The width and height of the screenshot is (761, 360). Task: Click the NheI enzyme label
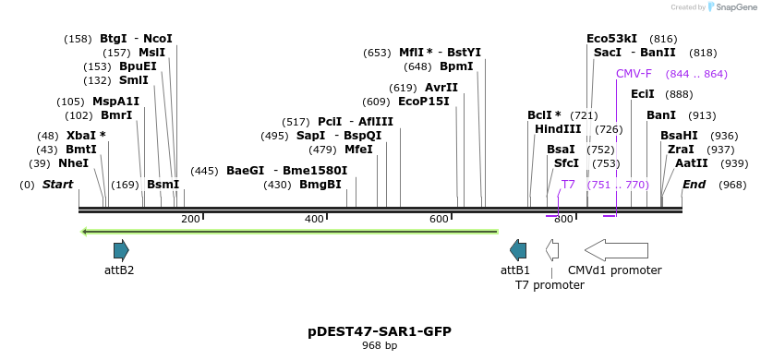(73, 163)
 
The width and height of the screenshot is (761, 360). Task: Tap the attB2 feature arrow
(121, 249)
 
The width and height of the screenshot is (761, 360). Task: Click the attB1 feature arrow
(518, 249)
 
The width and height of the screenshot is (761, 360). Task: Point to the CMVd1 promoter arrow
(616, 249)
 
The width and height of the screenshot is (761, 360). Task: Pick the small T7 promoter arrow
(552, 249)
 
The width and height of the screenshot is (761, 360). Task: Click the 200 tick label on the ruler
(190, 219)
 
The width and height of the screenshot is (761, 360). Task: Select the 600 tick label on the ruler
(439, 219)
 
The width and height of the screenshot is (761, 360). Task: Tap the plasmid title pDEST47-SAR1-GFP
(380, 331)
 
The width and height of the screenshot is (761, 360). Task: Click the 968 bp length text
(380, 346)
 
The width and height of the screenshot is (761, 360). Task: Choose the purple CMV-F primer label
(634, 74)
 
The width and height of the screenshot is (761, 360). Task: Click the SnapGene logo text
(735, 7)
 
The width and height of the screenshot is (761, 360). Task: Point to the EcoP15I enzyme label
(423, 102)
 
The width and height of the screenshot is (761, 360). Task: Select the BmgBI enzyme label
(320, 185)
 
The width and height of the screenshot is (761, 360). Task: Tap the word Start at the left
(57, 185)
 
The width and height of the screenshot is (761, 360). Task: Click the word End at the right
(694, 185)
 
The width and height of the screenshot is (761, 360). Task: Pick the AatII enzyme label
(692, 163)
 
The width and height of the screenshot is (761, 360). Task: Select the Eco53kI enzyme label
(611, 39)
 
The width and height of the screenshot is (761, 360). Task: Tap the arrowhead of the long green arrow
(86, 232)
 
